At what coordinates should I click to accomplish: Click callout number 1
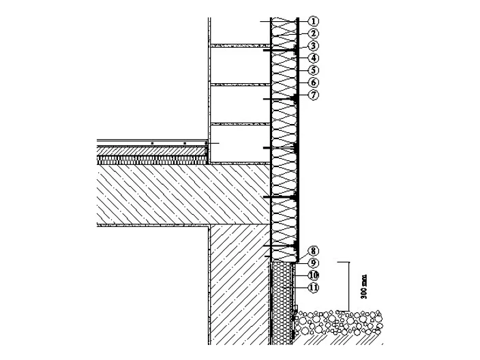(x=313, y=21)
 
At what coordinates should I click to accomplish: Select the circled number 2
(x=313, y=33)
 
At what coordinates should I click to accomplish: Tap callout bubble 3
(x=313, y=46)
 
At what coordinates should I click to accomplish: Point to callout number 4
(x=313, y=58)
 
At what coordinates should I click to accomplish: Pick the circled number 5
(x=313, y=70)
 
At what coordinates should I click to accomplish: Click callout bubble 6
(x=313, y=82)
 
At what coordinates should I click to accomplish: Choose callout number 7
(x=313, y=95)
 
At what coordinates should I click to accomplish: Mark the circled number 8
(x=313, y=251)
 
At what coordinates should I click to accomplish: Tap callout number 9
(x=313, y=263)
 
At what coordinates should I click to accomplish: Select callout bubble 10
(x=313, y=275)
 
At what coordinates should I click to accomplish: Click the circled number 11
(x=313, y=288)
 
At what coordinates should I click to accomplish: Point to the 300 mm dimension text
(x=363, y=287)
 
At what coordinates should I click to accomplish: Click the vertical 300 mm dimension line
(x=348, y=286)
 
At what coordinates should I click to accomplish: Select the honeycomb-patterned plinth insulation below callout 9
(x=282, y=303)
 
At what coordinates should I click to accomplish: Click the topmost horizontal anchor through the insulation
(x=281, y=50)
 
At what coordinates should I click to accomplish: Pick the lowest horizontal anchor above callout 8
(x=281, y=246)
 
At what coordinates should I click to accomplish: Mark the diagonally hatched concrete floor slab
(x=183, y=194)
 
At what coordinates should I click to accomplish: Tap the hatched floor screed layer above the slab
(x=152, y=151)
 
